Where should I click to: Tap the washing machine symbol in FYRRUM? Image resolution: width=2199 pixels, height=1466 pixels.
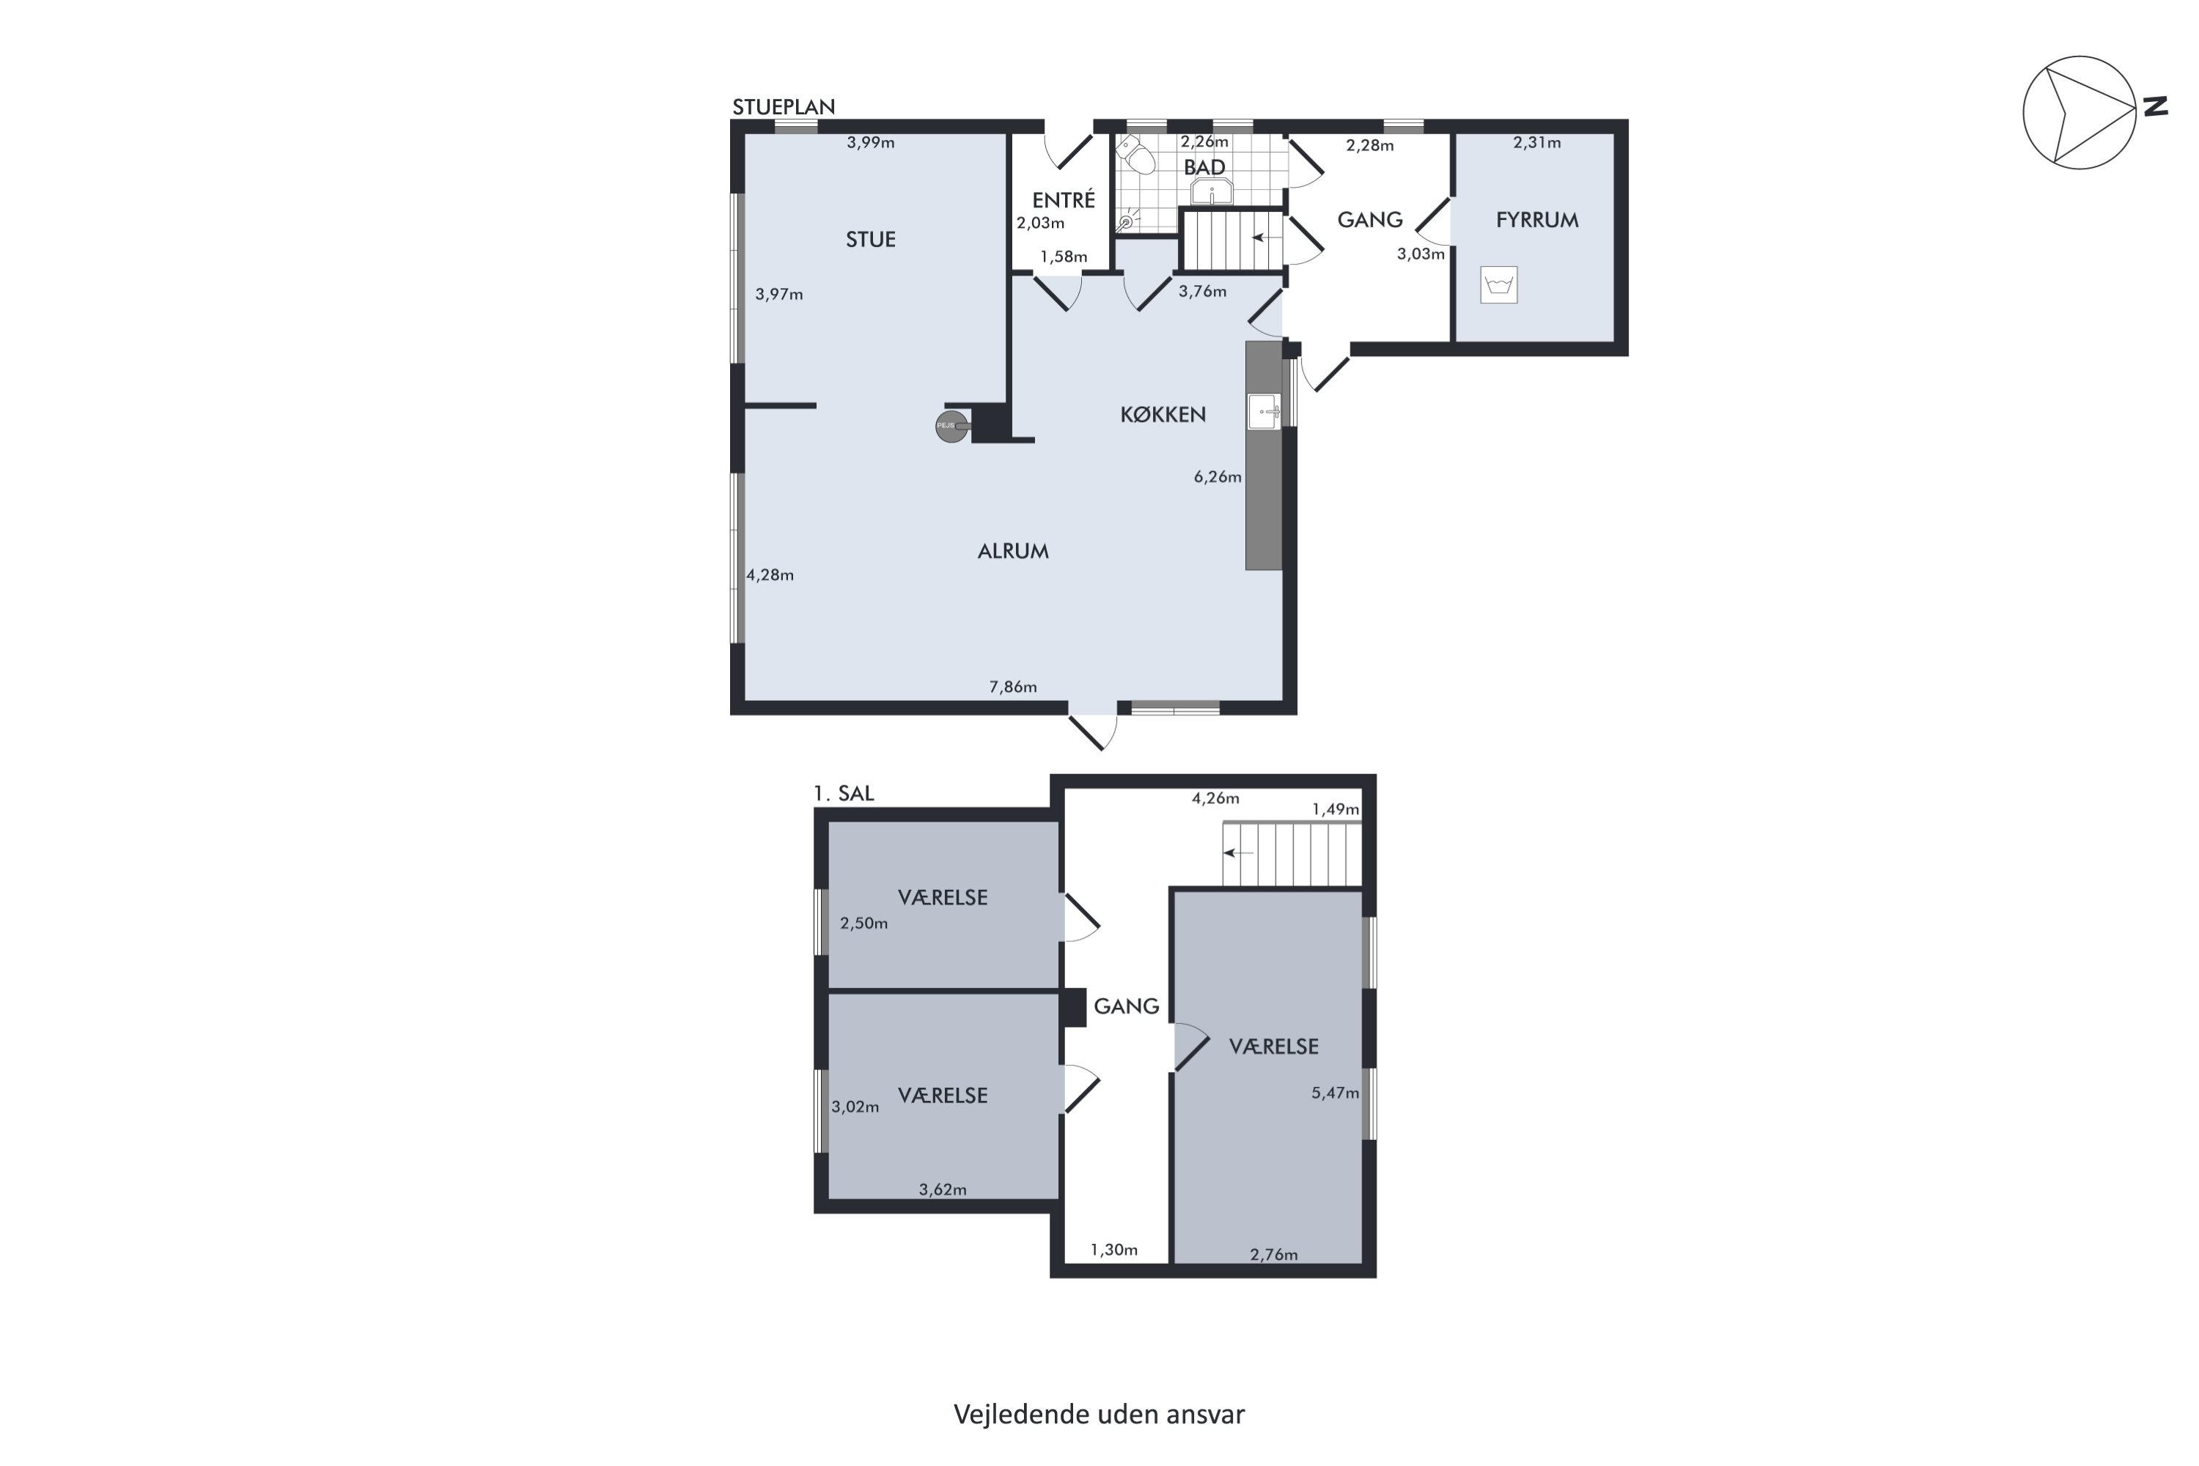(x=1499, y=285)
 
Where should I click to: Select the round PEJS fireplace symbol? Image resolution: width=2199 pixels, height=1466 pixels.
(x=951, y=427)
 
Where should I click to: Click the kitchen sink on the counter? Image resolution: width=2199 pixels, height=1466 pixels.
(x=1264, y=411)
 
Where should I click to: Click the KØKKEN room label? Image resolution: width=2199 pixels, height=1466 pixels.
(x=1163, y=414)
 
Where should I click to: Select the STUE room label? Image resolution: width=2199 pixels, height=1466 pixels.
(x=871, y=240)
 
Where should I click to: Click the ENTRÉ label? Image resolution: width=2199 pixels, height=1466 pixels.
(x=1063, y=199)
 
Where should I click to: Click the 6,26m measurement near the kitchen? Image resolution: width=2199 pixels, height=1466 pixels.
(x=1218, y=477)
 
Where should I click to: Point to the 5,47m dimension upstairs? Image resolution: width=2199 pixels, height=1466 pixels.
(x=1335, y=1092)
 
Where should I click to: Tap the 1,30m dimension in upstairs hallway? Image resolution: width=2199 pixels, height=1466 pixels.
(x=1113, y=1249)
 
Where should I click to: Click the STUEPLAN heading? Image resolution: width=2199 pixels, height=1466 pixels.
(x=784, y=106)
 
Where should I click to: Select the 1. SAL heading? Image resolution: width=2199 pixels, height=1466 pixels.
(x=844, y=793)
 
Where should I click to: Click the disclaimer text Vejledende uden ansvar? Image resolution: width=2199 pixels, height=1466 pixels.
(x=1099, y=1415)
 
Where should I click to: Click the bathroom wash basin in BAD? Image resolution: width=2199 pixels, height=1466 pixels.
(x=1212, y=191)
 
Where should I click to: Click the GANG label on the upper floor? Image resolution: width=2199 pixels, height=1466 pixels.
(x=1127, y=1006)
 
